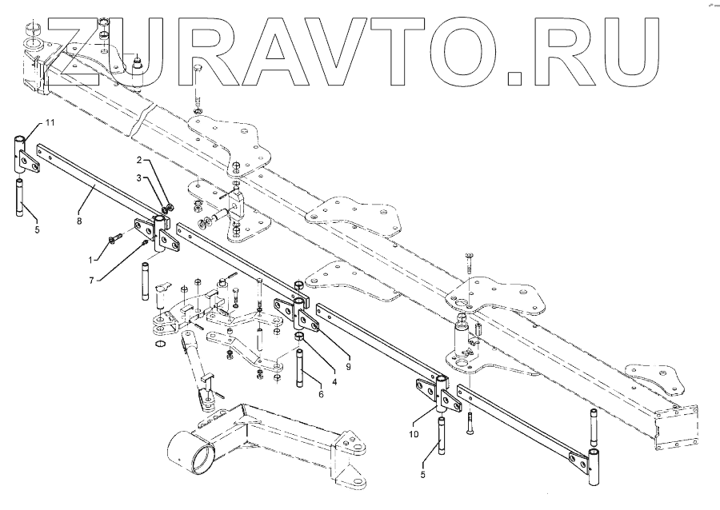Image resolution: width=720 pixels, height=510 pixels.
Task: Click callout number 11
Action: coord(49,122)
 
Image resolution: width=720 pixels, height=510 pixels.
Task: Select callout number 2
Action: coord(138,161)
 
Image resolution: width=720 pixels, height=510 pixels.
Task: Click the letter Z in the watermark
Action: coord(68,46)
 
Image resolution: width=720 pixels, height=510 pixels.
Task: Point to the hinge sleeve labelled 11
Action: coord(19,153)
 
